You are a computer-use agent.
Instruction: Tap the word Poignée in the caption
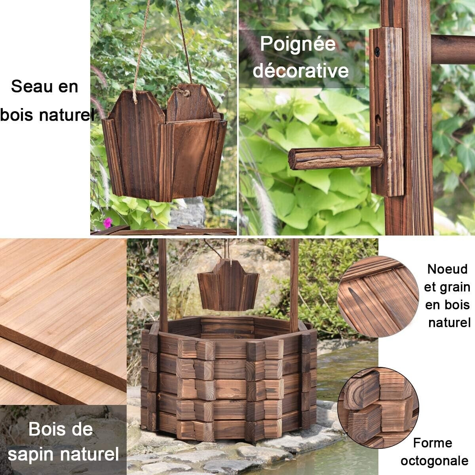[x=298, y=44]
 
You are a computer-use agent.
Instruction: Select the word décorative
[x=301, y=71]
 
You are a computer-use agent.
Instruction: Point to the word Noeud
[x=447, y=269]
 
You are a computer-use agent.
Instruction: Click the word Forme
[x=433, y=443]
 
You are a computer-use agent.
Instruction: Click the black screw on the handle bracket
[x=377, y=51]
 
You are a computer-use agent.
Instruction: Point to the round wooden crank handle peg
[x=336, y=158]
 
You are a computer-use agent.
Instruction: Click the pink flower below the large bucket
[x=108, y=222]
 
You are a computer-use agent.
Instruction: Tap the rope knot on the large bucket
[x=182, y=92]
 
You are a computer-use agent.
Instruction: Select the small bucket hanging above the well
[x=228, y=285]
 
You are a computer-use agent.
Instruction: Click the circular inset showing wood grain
[x=378, y=296]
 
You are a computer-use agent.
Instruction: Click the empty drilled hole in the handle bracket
[x=378, y=120]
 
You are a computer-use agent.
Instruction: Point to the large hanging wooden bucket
[x=164, y=143]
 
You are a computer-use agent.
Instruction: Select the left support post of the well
[x=163, y=286]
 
